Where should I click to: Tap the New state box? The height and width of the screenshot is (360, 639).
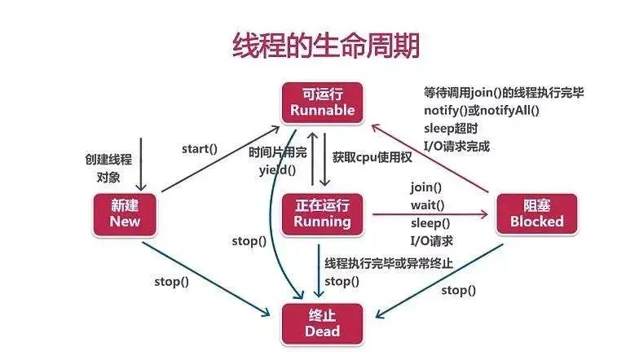[x=126, y=213]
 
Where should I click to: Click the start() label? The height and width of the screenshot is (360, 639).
[x=200, y=148]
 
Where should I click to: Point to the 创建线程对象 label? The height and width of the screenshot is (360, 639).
[x=108, y=166]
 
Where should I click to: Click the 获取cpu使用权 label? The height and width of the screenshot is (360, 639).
[x=372, y=156]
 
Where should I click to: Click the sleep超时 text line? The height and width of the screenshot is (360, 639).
[x=448, y=129]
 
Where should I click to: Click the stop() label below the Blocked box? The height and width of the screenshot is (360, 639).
[x=459, y=290]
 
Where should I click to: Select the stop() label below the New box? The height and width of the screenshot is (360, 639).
[x=171, y=282]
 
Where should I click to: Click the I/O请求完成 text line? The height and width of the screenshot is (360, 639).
[x=456, y=147]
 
